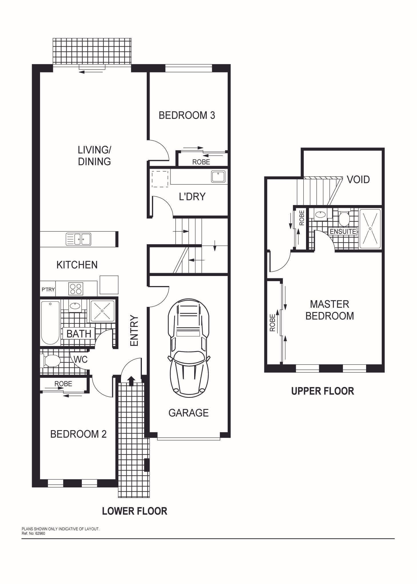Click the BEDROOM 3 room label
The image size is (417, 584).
tap(187, 115)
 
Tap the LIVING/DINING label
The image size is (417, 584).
tap(94, 156)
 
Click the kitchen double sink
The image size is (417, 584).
tap(78, 239)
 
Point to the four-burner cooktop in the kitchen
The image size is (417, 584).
tap(76, 288)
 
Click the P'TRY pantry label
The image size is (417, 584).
tap(48, 289)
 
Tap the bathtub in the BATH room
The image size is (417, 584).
tap(50, 323)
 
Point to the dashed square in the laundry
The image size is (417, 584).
tap(160, 179)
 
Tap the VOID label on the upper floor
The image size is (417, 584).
tap(358, 180)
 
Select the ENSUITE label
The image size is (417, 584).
tap(343, 231)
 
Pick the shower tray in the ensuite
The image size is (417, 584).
tap(370, 229)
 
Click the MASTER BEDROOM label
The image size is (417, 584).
tap(329, 310)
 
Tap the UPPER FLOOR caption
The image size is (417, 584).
tap(323, 391)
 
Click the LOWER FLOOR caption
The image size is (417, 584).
tap(135, 511)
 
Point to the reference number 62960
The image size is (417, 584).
tap(40, 533)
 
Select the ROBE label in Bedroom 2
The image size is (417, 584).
tap(63, 384)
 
